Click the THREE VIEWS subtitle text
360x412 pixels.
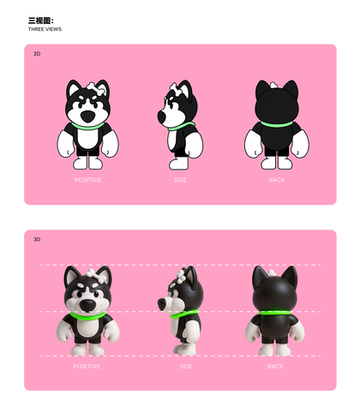[45, 29]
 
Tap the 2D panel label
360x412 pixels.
[37, 54]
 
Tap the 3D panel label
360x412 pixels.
[37, 239]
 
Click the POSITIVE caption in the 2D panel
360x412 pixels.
[87, 180]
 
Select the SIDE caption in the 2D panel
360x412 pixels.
[180, 180]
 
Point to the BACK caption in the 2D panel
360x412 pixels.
[277, 180]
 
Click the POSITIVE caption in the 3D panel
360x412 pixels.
[87, 367]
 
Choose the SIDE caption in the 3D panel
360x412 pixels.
[186, 367]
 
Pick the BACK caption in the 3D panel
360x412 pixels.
[275, 367]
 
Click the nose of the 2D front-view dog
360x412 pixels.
[87, 116]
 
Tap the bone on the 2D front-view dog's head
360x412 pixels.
[97, 89]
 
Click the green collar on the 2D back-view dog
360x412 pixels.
[277, 124]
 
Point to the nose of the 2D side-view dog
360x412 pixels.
[161, 116]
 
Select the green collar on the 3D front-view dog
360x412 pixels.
[87, 316]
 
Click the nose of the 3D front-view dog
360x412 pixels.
[87, 306]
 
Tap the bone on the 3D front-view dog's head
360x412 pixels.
[95, 275]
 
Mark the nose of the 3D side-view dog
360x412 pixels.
[162, 304]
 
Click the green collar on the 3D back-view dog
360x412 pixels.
[274, 312]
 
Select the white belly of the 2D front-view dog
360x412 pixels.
[87, 138]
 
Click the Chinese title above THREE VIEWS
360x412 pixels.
[41, 21]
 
